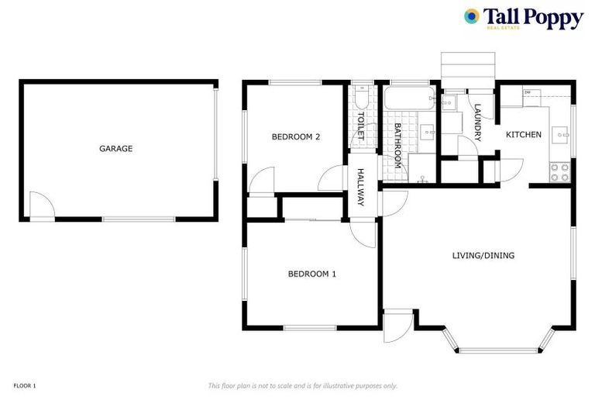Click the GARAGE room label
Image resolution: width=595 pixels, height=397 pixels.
coord(115,148)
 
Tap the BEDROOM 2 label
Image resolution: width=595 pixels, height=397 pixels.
coord(296,137)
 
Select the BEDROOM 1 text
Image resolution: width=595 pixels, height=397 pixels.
coord(311,273)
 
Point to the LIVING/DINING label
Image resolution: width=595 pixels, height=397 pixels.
coord(483,255)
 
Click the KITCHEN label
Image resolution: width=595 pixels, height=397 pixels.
coord(524,135)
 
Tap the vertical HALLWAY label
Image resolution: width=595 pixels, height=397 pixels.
coord(360,188)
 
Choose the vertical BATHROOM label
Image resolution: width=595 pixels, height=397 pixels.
coord(397,145)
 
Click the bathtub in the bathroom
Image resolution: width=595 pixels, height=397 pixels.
coord(409,98)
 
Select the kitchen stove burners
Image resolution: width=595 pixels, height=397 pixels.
coord(559,172)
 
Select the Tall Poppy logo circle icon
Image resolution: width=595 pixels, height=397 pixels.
coord(471,16)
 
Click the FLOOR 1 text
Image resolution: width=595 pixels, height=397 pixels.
coord(25,385)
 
